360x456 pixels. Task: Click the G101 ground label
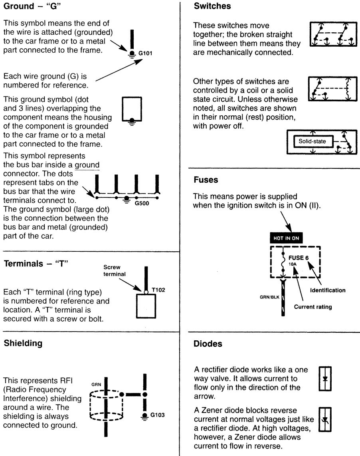[x=145, y=53]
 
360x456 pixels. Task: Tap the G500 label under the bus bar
[x=142, y=203]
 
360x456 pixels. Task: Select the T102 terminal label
[x=158, y=290]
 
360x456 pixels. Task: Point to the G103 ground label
[x=157, y=415]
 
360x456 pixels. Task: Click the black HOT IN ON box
[x=287, y=238]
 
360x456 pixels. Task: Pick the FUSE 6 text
[x=298, y=258]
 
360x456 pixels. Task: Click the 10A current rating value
[x=292, y=264]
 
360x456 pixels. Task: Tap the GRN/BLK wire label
[x=269, y=297]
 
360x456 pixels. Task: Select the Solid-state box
[x=312, y=142]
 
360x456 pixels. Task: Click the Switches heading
[x=212, y=6]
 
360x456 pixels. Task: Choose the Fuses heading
[x=206, y=180]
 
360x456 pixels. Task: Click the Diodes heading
[x=208, y=344]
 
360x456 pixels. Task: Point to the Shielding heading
[x=23, y=343]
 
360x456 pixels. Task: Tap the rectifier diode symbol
[x=325, y=379]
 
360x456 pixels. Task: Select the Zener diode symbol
[x=325, y=420]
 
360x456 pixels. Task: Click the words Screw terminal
[x=115, y=270]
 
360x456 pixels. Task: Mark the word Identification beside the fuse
[x=328, y=290]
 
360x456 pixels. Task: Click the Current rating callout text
[x=313, y=307]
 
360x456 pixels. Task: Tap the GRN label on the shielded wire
[x=96, y=385]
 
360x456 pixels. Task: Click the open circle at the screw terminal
[x=146, y=292]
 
